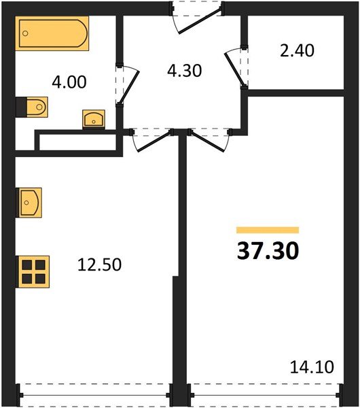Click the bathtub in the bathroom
pos(53,34)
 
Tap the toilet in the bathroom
pos(33,107)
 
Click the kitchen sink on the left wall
pos(29,202)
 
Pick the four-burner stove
pos(32,270)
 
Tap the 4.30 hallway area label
pos(185,70)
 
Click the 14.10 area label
pos(312,368)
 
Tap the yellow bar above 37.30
pos(267,230)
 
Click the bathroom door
pos(126,85)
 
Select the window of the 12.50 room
pos(94,392)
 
